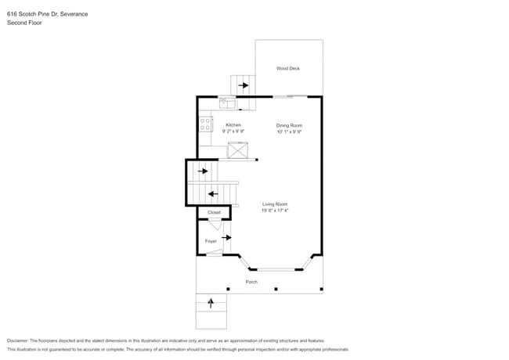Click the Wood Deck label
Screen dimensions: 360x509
[287, 69]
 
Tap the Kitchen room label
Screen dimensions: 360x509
[233, 125]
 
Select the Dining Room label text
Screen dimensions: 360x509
[288, 125]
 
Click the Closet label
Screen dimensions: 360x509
[214, 213]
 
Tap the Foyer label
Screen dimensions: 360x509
[211, 241]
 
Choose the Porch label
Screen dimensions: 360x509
[251, 282]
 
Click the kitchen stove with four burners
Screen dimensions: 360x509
[205, 124]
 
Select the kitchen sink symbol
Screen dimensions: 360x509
[226, 100]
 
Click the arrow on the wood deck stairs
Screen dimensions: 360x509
[244, 85]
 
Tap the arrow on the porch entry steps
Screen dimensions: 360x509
[211, 302]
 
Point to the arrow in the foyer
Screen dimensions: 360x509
[227, 237]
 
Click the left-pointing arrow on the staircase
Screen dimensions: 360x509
[213, 194]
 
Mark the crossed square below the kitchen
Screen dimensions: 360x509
[238, 151]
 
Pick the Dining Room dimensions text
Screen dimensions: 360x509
[288, 131]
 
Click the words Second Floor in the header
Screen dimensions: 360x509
[24, 23]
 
